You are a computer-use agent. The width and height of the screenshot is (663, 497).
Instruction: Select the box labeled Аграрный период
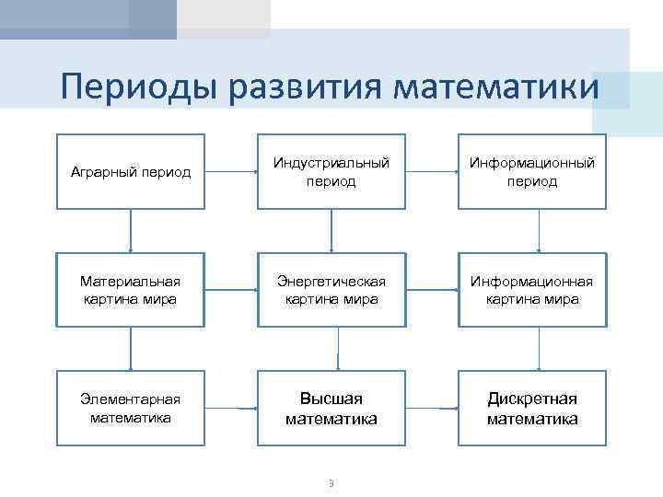(x=131, y=172)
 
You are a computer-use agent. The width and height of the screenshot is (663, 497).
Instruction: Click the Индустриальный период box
(x=331, y=172)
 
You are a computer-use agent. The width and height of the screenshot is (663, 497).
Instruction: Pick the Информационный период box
(x=532, y=172)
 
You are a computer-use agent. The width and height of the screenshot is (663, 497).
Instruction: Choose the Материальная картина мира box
(x=131, y=290)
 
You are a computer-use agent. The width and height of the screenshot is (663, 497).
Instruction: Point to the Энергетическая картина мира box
(x=331, y=290)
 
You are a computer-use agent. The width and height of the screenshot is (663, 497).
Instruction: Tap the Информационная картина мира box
(x=532, y=290)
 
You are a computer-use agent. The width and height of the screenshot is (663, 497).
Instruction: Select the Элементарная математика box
(x=131, y=408)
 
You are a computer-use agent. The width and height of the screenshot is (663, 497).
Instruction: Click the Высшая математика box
(x=331, y=408)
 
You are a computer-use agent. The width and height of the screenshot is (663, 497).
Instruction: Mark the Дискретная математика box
(x=532, y=408)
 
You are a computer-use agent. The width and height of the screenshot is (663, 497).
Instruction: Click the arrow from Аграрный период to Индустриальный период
(x=230, y=172)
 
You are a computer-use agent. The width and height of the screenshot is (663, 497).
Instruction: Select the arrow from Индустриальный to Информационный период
(x=432, y=172)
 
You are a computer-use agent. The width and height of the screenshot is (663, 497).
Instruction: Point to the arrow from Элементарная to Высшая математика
(x=230, y=408)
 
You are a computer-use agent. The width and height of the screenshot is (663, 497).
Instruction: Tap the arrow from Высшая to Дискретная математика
(x=432, y=408)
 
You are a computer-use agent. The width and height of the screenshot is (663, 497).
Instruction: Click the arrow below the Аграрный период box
(x=131, y=231)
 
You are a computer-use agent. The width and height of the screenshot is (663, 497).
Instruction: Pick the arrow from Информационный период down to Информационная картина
(x=539, y=231)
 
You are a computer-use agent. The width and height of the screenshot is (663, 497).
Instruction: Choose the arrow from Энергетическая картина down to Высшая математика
(x=338, y=349)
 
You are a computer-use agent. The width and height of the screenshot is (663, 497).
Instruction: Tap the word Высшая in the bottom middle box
(x=331, y=399)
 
